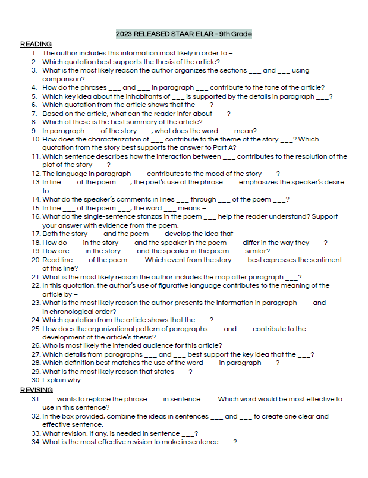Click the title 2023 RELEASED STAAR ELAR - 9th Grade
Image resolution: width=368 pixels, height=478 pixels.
(184, 34)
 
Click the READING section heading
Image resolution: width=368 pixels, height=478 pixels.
(36, 44)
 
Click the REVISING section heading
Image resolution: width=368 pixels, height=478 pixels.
(36, 390)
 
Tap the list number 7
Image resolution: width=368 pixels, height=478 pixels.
(35, 114)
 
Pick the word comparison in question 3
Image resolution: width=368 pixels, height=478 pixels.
(62, 79)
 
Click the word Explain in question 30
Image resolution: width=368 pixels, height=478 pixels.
(54, 380)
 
